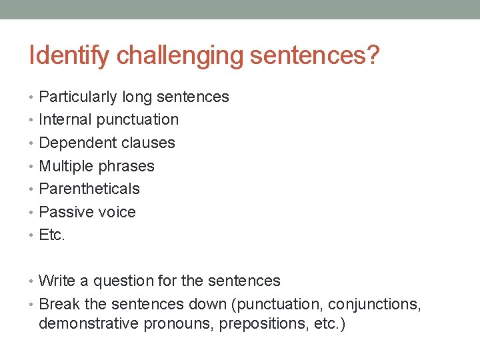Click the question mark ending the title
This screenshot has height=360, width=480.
tap(372, 56)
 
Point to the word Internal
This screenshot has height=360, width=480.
tap(65, 120)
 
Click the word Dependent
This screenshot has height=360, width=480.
tap(75, 143)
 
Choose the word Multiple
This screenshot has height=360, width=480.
tap(66, 166)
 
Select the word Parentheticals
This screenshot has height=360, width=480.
tap(89, 189)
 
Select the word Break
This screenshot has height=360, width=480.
tap(59, 305)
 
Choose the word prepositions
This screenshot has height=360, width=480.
tap(251, 325)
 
